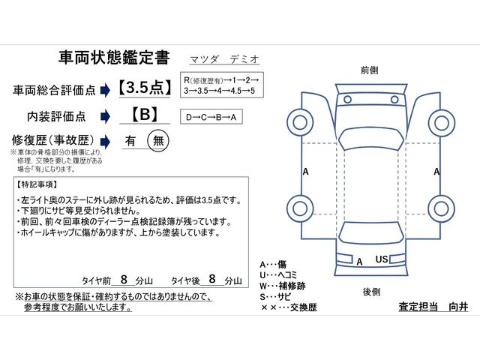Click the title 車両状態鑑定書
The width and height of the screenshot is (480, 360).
(x=114, y=58)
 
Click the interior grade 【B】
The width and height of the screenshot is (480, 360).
(x=144, y=116)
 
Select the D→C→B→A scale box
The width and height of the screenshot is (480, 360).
(x=213, y=117)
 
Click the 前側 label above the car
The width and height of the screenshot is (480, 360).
(x=369, y=69)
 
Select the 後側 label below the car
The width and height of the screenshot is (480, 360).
(x=370, y=290)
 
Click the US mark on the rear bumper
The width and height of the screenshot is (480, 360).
(x=381, y=259)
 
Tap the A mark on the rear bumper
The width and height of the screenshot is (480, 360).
(x=359, y=262)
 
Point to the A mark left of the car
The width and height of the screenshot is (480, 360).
(x=305, y=171)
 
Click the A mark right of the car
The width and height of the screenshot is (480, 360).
(x=436, y=171)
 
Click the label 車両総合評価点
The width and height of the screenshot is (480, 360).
(x=54, y=90)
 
